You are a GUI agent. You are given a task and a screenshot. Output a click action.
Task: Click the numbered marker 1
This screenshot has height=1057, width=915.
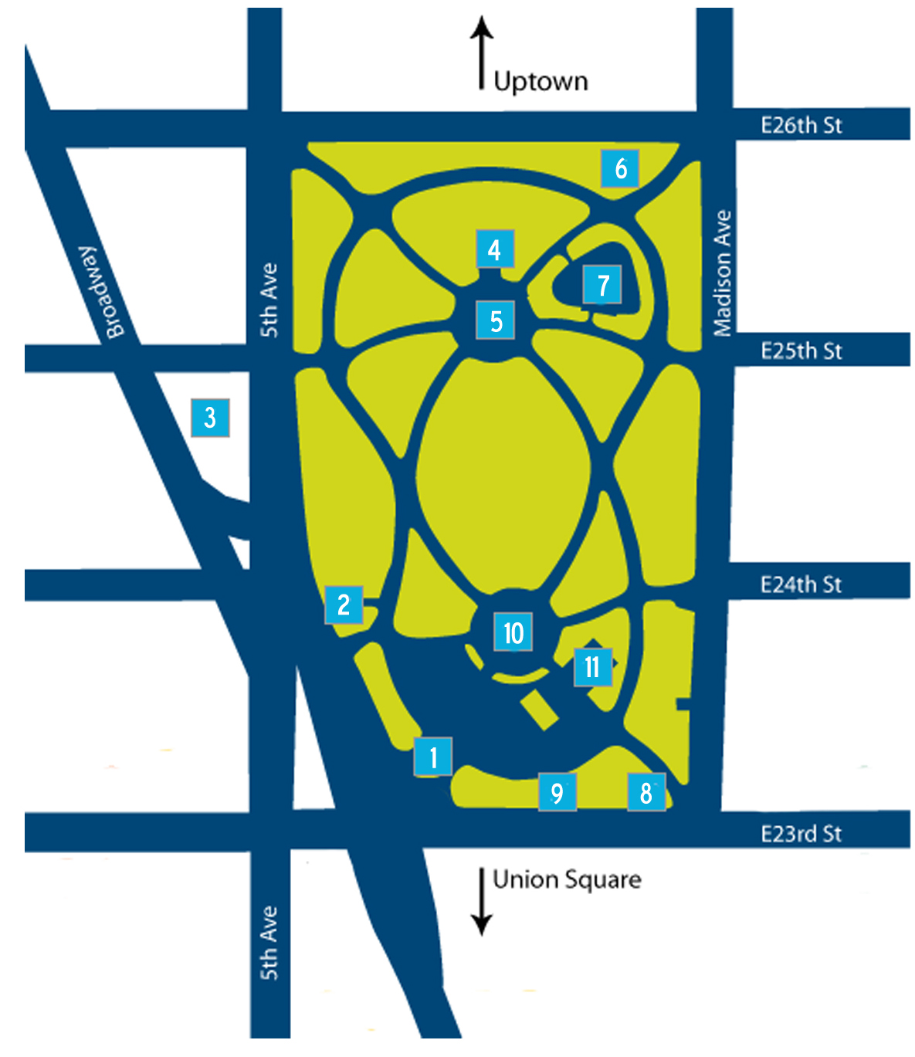(x=433, y=757)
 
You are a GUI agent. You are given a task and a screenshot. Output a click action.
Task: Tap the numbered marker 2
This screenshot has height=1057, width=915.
(x=344, y=605)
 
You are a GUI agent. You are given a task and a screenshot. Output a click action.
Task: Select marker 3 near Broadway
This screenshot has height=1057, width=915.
(x=210, y=418)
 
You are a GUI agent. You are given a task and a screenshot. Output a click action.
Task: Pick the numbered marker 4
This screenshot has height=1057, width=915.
(x=495, y=249)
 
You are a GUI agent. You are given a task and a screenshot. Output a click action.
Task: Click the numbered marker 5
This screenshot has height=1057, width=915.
(x=496, y=320)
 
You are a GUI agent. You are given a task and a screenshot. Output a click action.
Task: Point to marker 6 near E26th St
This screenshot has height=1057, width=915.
(x=620, y=168)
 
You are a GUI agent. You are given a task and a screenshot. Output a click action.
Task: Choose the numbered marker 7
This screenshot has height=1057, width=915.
(x=602, y=284)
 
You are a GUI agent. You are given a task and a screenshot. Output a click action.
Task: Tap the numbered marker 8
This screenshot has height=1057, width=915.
(x=646, y=791)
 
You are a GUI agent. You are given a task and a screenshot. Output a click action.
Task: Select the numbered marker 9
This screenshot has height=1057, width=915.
(x=557, y=791)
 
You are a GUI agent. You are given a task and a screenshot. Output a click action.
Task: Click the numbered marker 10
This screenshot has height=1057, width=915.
(x=513, y=632)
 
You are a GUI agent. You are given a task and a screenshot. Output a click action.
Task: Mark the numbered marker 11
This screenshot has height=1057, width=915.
(x=592, y=666)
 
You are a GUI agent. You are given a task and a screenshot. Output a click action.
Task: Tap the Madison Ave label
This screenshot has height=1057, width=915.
(x=723, y=273)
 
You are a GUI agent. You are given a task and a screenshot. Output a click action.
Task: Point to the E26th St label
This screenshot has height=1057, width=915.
(x=801, y=125)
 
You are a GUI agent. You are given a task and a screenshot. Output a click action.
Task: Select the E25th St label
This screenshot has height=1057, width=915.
(x=801, y=351)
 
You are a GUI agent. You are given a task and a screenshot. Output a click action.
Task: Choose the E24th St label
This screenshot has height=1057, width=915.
(x=801, y=584)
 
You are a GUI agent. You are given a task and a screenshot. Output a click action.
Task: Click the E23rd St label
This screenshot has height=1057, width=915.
(x=801, y=834)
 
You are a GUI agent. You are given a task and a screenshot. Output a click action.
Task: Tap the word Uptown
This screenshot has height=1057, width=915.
(x=541, y=81)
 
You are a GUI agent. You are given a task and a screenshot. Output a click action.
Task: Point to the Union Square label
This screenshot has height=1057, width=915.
(x=567, y=879)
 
